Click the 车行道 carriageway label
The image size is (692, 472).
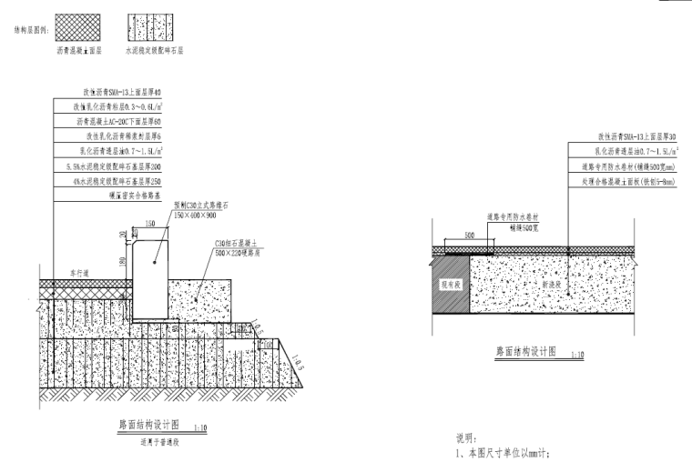[x=65, y=272]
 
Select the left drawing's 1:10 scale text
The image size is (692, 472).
[x=200, y=427]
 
